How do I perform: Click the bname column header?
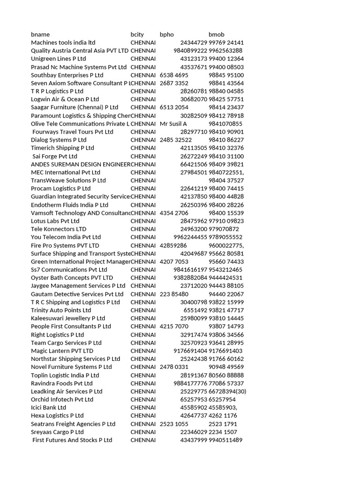[40, 35]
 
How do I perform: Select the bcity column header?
[137, 35]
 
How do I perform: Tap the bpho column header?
[166, 35]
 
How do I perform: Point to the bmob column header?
[216, 35]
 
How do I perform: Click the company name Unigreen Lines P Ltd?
[59, 59]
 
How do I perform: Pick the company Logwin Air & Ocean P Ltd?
[65, 99]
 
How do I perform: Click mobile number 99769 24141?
[226, 43]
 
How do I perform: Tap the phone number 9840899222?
[190, 51]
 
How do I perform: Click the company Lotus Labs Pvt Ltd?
[55, 221]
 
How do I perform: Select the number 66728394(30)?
[227, 391]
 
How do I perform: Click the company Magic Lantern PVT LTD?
[62, 351]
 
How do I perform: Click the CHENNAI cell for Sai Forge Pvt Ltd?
[143, 156]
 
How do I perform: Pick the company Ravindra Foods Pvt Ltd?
[62, 383]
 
